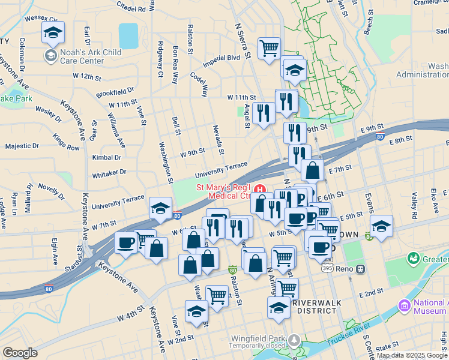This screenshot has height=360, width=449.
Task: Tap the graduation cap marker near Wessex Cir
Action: [x=53, y=32]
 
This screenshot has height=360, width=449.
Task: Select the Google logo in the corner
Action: [x=20, y=353]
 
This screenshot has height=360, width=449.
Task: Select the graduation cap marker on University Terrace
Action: [x=160, y=208]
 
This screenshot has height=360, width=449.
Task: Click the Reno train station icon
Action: [x=361, y=269]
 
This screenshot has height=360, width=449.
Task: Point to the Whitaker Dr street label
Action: [x=109, y=172]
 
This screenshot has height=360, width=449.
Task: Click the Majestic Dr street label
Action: [x=22, y=146]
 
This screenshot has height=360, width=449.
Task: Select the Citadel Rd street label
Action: [x=132, y=9]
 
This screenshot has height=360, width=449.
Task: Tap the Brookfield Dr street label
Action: [x=115, y=92]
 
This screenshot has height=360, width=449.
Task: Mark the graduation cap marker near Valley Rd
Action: [x=381, y=226]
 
